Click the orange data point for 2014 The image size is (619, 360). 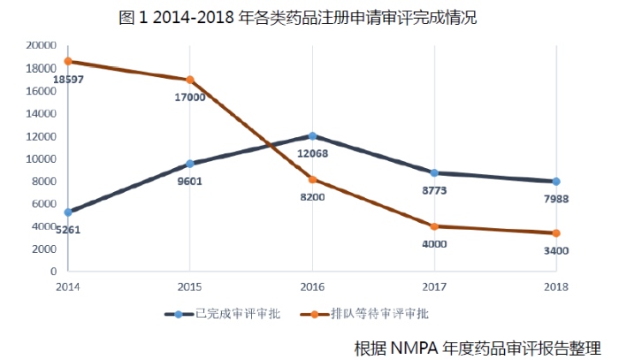tap(67, 61)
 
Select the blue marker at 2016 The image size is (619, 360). tap(312, 136)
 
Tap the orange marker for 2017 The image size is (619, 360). tap(434, 226)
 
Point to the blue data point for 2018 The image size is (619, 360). tap(556, 181)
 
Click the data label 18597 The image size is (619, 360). tap(68, 80)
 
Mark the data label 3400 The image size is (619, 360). tap(556, 251)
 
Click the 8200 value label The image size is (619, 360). tap(312, 196)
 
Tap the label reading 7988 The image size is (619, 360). tap(556, 199)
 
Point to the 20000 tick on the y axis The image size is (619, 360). tap(41, 45)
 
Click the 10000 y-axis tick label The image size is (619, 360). tap(41, 158)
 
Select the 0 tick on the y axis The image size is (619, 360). tap(53, 272)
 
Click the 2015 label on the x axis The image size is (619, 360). tap(189, 287)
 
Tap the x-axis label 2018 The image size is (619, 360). tap(556, 287)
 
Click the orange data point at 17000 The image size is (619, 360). tap(190, 80)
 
